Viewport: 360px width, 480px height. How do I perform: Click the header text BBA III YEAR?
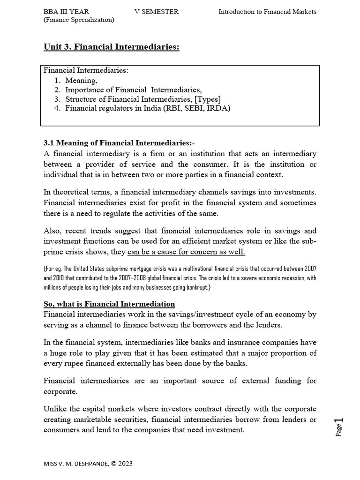pos(66,12)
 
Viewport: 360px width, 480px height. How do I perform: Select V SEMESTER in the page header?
pos(156,12)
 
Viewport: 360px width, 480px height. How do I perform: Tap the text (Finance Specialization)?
pos(79,20)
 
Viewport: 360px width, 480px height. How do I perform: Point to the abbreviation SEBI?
pos(194,108)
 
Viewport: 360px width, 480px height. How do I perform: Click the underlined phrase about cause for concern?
pos(186,252)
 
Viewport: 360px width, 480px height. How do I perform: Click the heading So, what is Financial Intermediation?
pos(109,304)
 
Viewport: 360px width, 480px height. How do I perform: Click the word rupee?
pos(78,363)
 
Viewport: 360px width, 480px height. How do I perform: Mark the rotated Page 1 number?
pos(339,426)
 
